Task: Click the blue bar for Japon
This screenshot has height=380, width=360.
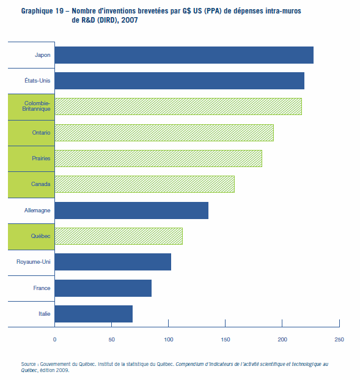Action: click(x=184, y=55)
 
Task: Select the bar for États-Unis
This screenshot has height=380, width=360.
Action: click(x=180, y=81)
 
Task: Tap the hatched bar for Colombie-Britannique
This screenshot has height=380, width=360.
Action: click(x=178, y=106)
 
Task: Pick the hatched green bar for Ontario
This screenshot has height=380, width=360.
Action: click(x=164, y=133)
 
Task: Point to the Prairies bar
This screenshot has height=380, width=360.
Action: click(x=158, y=158)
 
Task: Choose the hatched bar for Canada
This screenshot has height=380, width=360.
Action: click(x=144, y=184)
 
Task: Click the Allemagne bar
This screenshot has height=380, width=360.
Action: click(x=131, y=210)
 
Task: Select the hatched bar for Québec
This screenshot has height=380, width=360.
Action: click(x=119, y=236)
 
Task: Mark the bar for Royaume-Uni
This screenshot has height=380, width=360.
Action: click(x=113, y=262)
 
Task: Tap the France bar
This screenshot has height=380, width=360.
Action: click(x=103, y=288)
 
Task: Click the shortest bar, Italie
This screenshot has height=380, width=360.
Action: click(x=94, y=314)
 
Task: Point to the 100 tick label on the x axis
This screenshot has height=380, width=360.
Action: click(x=169, y=340)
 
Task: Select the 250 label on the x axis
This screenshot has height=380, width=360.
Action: click(x=339, y=340)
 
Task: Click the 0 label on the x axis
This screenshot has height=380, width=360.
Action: click(x=55, y=340)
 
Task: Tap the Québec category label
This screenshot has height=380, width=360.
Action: click(x=40, y=236)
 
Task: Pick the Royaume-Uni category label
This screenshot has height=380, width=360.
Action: click(x=34, y=262)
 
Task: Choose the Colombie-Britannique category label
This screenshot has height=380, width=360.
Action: click(x=36, y=106)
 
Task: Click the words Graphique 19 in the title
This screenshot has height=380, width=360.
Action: click(x=42, y=11)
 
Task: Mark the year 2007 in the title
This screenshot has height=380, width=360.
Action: click(x=130, y=20)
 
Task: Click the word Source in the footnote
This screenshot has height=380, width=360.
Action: click(x=28, y=364)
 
